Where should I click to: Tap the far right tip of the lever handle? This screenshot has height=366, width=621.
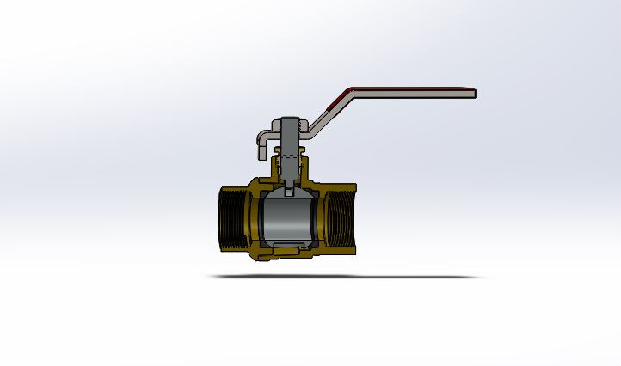474,93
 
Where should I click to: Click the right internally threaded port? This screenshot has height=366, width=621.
341,220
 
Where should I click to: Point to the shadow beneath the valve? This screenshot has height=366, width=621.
344,277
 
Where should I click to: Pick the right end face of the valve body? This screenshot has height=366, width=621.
355,220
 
